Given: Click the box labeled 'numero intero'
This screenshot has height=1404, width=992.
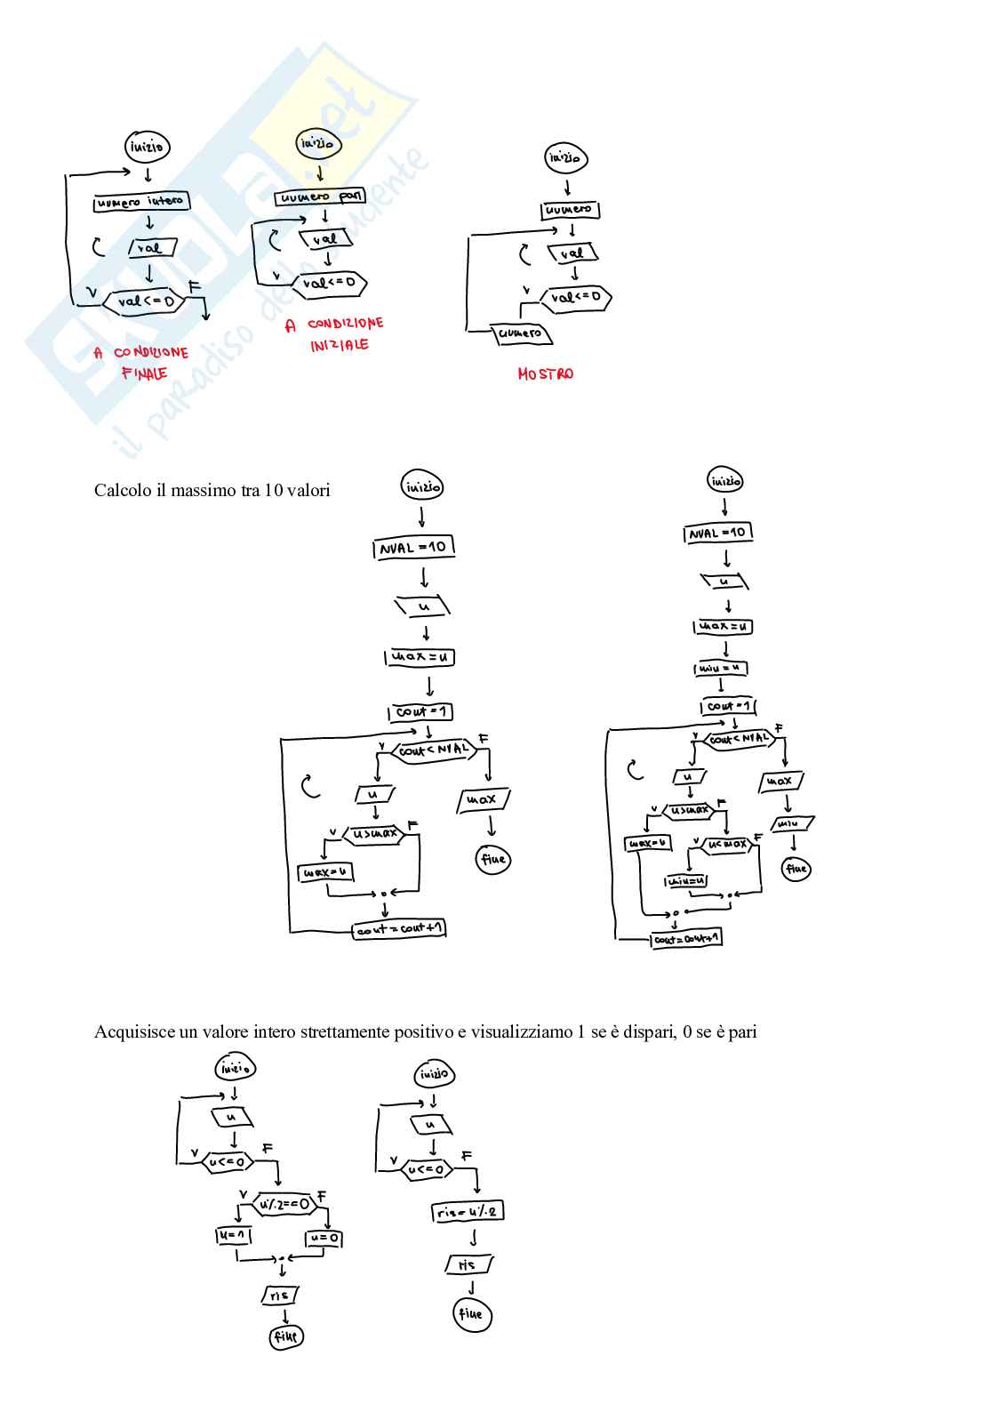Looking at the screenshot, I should coord(141,202).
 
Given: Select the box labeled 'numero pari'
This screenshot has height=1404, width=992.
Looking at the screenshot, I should coord(316,197).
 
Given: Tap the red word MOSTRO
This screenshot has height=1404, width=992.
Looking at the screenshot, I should coord(545,374).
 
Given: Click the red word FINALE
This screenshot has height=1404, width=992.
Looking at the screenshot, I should coord(144,373).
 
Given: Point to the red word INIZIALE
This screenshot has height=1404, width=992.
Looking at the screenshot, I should coord(339,345).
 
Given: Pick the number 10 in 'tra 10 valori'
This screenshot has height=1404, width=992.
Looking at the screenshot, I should coord(273,490).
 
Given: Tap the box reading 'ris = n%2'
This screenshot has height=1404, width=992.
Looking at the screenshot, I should coord(468,1212).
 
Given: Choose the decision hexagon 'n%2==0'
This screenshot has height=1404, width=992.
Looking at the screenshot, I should coord(284,1205).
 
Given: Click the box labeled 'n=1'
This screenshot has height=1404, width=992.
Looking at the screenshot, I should coord(235,1236).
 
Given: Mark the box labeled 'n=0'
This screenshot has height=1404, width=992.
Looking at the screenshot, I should coord(324,1238).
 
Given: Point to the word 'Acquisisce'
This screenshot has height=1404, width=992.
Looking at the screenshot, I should coord(134,1032).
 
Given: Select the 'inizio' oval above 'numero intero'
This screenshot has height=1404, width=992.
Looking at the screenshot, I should coord(147,147).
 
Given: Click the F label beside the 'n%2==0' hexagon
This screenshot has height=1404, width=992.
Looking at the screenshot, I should coord(322,1195).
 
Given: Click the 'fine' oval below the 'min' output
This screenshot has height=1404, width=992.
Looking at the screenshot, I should coord(796,869).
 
